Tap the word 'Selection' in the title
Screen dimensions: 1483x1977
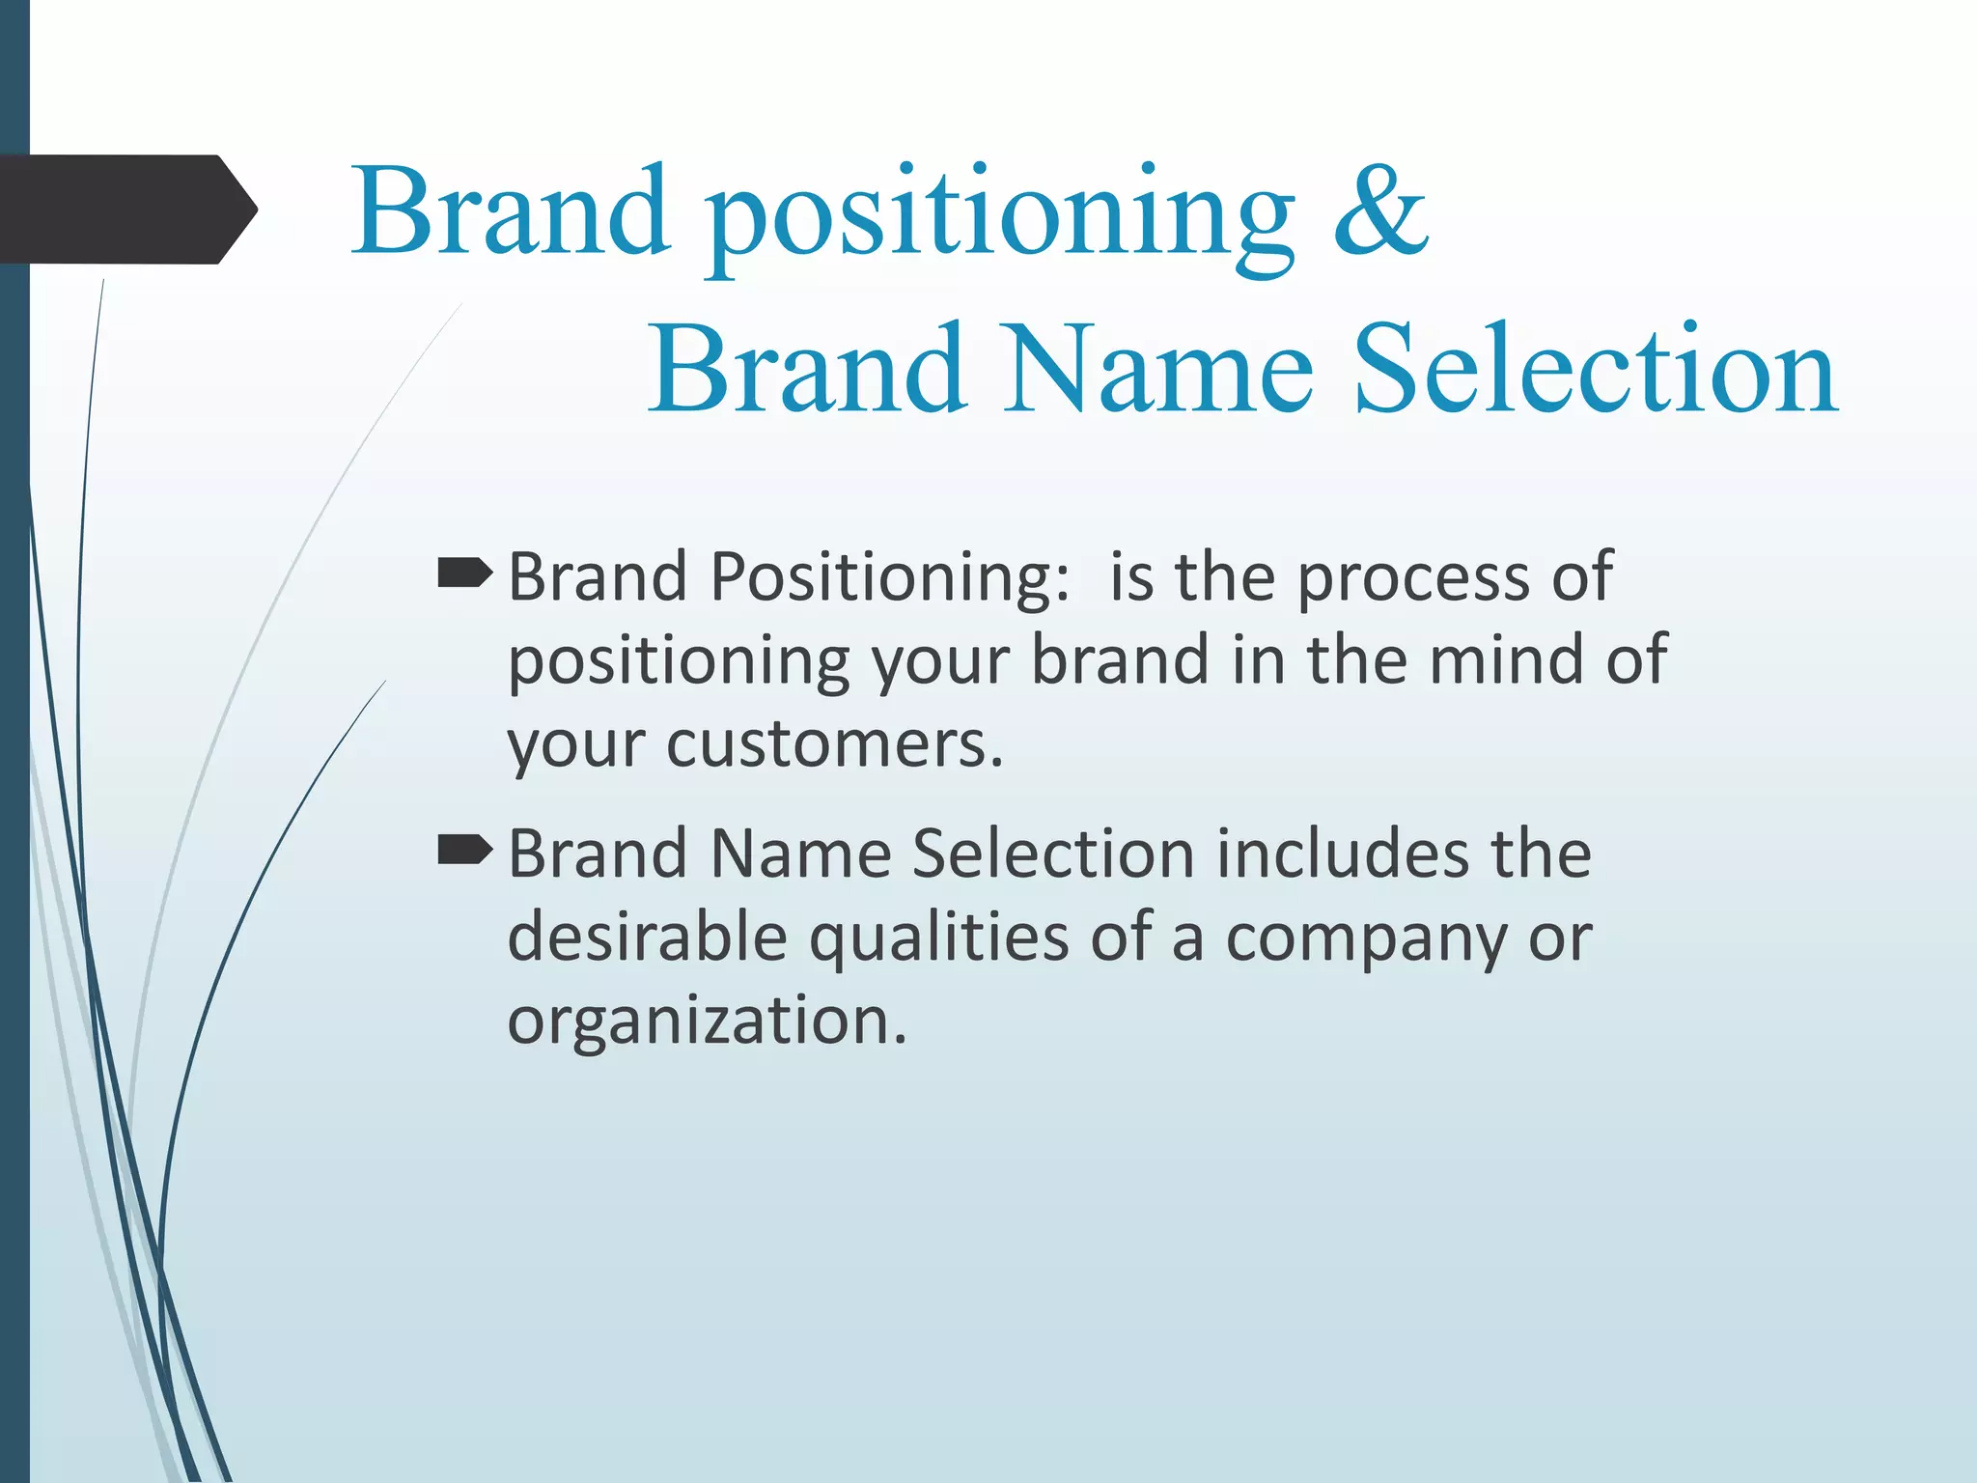click(x=1595, y=371)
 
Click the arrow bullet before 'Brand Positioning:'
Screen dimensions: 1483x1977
click(x=464, y=575)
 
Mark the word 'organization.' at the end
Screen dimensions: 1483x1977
click(x=708, y=1021)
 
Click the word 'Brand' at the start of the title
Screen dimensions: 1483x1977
click(x=511, y=212)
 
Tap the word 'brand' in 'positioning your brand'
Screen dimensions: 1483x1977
click(x=1120, y=660)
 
